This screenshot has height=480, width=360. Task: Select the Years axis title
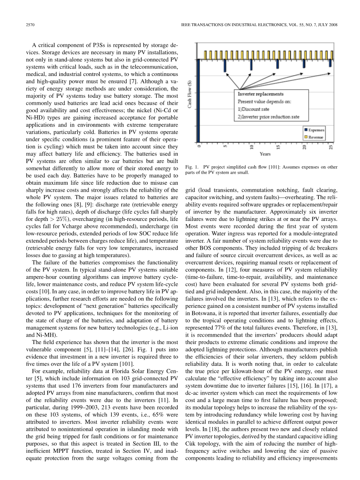(265, 154)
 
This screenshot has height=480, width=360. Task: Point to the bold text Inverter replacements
(261, 94)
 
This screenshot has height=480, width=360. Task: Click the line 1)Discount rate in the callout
(256, 109)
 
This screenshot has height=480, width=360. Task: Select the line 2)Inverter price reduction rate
(271, 117)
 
